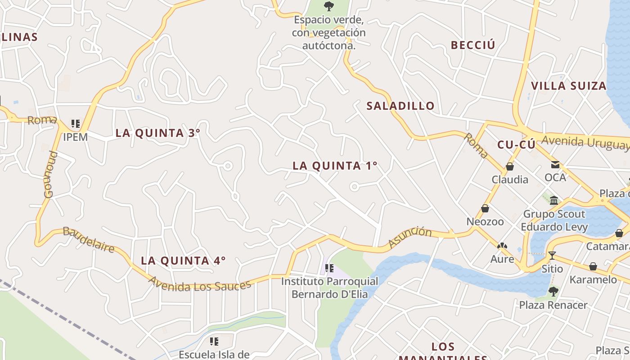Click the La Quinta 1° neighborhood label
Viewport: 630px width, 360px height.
tap(335, 166)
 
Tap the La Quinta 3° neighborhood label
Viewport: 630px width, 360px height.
tap(157, 133)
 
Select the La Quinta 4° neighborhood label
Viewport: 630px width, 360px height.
tap(183, 261)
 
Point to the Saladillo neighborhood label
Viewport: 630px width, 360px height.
tap(400, 106)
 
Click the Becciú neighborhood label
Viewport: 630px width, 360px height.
tap(472, 45)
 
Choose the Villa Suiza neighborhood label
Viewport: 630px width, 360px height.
tap(569, 86)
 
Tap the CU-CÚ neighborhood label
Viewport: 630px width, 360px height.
tap(516, 145)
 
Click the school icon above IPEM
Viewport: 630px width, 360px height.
tap(75, 123)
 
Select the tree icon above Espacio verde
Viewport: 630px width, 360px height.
tap(329, 6)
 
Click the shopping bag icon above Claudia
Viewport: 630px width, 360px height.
tap(510, 166)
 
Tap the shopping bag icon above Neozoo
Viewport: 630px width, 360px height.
tap(485, 208)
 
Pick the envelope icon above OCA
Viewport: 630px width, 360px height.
tap(555, 165)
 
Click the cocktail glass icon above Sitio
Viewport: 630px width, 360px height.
tap(552, 256)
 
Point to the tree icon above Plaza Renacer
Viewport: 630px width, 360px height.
tap(553, 292)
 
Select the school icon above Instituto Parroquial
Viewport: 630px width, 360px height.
tap(329, 268)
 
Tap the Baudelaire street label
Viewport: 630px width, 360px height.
tap(88, 240)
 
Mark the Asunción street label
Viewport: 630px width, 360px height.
tap(410, 237)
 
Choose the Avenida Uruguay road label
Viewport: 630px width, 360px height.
tap(585, 142)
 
